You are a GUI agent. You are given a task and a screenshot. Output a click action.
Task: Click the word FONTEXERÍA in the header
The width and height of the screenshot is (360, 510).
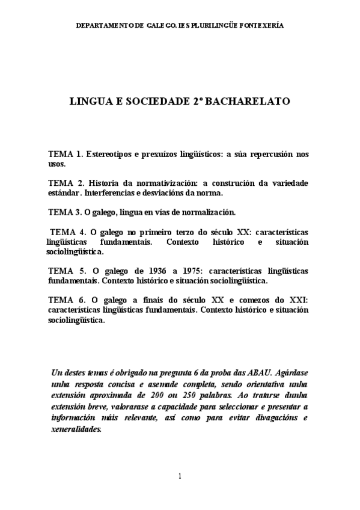[261, 26]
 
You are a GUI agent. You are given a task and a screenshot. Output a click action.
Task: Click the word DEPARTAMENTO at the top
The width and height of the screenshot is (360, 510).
[109, 26]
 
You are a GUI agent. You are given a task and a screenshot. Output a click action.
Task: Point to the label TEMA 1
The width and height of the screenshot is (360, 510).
[66, 155]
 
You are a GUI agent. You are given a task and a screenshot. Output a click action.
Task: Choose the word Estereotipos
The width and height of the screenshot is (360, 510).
[111, 155]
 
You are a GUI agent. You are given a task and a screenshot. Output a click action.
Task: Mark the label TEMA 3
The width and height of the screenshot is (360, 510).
[65, 212]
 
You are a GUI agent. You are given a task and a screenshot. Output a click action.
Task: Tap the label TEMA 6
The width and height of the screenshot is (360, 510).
[66, 300]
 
